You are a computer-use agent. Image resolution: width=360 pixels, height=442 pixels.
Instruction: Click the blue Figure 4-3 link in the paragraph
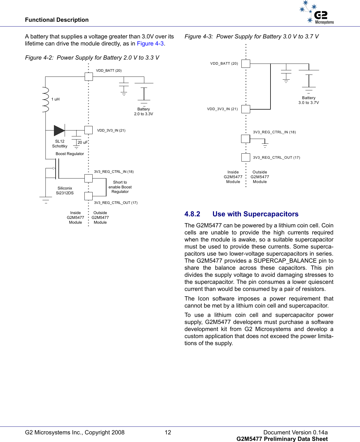coord(150,43)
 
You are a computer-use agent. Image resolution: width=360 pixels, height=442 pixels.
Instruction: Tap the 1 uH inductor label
coord(55,99)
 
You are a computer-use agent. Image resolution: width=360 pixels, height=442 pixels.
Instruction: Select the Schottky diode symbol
coord(59,130)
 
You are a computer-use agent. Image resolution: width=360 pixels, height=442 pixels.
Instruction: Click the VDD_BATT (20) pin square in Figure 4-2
coord(89,77)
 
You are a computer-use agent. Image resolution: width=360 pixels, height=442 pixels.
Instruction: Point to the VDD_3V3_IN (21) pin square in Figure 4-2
coord(88,130)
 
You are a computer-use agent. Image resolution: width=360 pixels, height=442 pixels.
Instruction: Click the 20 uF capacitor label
coord(82,142)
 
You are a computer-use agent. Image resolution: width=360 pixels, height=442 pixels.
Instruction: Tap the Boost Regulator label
coord(70,154)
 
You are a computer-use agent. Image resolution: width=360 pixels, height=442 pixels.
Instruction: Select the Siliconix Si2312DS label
coord(65,191)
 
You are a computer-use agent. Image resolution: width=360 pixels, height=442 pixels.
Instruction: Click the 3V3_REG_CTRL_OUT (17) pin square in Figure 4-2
coord(88,196)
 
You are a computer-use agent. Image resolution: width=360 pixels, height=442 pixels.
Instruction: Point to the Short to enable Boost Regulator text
coord(120,187)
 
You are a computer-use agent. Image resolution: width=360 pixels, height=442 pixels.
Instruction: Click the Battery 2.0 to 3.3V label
coord(143,112)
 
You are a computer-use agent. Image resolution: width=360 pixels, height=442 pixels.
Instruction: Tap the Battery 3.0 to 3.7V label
coord(309,100)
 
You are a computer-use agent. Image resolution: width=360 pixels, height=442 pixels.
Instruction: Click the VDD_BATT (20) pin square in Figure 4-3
coord(246,64)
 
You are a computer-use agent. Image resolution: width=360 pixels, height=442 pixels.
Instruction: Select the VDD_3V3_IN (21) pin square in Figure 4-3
coord(246,109)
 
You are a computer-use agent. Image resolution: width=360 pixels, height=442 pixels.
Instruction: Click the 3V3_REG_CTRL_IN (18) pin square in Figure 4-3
coord(246,139)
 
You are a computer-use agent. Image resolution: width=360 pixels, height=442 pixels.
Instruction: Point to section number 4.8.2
coord(192,214)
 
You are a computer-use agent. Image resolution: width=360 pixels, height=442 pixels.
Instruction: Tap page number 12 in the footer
coord(168,432)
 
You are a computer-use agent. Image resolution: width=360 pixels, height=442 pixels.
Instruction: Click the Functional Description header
coord(57,20)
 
